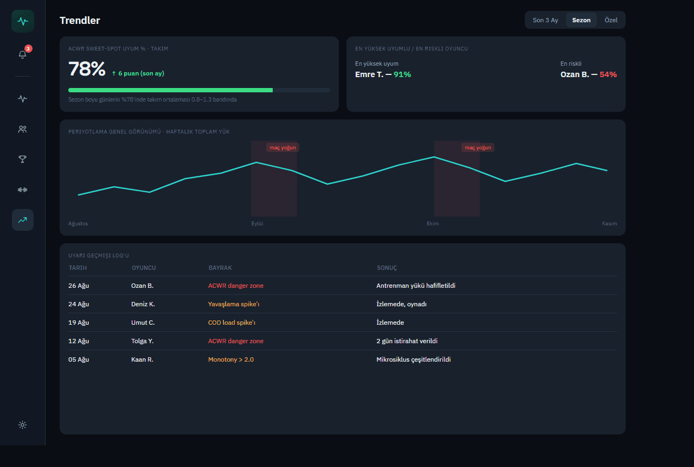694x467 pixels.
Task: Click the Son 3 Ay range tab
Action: point(545,20)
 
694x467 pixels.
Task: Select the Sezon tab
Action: point(581,20)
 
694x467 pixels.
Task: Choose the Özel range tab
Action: point(611,20)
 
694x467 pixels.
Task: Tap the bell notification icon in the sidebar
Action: point(22,54)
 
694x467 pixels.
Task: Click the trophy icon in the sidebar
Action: point(22,159)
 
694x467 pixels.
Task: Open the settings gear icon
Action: point(22,425)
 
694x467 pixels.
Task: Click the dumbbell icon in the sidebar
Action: point(22,190)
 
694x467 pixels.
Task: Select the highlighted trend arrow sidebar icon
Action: point(23,220)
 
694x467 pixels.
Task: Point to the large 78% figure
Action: point(87,68)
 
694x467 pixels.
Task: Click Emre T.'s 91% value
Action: point(402,74)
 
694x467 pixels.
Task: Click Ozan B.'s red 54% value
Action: point(608,74)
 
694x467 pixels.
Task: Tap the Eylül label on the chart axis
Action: point(257,223)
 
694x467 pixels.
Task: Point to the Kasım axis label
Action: point(609,223)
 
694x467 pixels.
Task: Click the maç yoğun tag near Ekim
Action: point(478,147)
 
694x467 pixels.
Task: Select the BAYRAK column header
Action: point(220,268)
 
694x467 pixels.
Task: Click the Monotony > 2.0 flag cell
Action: point(231,359)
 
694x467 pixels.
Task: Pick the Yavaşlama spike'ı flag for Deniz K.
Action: point(234,304)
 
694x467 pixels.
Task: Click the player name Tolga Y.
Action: point(142,341)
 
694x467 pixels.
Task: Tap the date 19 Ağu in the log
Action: point(79,323)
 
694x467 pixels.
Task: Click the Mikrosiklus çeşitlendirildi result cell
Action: point(413,359)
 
